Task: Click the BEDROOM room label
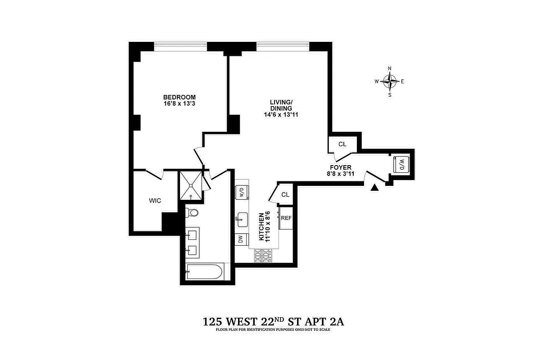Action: click(179, 97)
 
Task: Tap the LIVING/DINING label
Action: click(281, 105)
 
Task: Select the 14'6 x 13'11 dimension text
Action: click(281, 115)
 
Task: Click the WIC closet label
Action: click(155, 201)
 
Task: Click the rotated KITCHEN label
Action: click(261, 226)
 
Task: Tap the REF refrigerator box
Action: click(286, 218)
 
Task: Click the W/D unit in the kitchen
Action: click(241, 193)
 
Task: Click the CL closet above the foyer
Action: click(342, 144)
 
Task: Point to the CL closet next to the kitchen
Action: click(285, 194)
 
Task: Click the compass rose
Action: click(390, 81)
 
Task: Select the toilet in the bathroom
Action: click(193, 212)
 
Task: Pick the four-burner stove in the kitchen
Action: click(264, 256)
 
